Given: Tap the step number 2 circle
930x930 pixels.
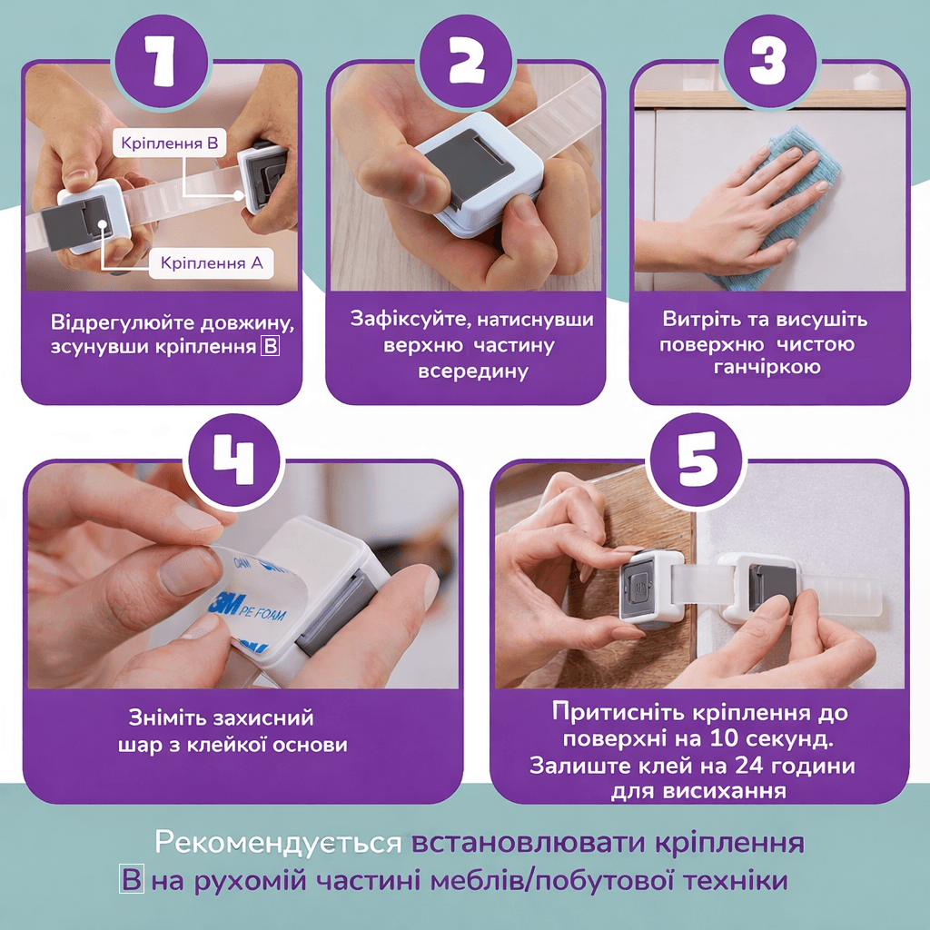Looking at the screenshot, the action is pos(466,60).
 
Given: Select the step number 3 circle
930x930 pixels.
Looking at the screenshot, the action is pos(769,60).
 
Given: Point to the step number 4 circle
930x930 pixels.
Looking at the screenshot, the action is pos(234,460).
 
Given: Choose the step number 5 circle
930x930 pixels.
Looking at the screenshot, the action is pos(697,460).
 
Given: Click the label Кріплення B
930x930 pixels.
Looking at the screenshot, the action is pos(170,143).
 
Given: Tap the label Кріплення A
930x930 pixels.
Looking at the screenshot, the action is pos(211,262).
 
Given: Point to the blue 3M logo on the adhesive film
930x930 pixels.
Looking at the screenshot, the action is pos(224,604).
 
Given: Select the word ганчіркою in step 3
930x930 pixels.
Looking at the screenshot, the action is pos(767,367).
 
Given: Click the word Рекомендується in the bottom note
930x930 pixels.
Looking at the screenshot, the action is pos(278,842).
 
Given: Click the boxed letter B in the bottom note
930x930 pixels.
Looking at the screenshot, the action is pos(132,879).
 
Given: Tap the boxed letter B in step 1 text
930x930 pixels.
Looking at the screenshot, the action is pos(271,346).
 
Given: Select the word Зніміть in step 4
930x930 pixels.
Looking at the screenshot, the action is pos(167,717).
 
